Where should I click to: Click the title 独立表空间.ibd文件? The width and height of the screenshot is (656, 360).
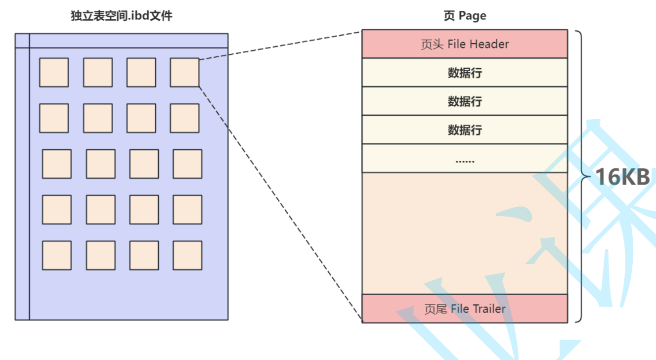pos(122,16)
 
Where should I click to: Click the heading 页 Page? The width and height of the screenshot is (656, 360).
pos(465,16)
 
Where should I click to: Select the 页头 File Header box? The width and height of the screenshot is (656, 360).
pos(465,44)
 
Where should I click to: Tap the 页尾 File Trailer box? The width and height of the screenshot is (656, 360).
pos(465,309)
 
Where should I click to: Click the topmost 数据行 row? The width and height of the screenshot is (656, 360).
pos(465,73)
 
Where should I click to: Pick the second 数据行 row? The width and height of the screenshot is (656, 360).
pos(465,101)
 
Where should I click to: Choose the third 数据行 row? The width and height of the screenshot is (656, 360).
pos(465,130)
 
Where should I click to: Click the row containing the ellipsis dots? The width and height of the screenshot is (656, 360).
pos(465,158)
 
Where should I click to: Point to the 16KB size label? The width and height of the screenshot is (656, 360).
pos(622,177)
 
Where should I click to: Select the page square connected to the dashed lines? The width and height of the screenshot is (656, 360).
pos(184,72)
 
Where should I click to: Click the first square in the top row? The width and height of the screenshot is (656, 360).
pos(54,72)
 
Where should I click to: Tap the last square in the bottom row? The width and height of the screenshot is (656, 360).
pos(187,255)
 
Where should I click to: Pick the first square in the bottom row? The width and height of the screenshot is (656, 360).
pos(56,255)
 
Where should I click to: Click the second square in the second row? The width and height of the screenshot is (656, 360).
pos(97,118)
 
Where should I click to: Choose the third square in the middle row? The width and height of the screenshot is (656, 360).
pos(144,164)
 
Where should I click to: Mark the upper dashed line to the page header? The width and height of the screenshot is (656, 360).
pos(280,45)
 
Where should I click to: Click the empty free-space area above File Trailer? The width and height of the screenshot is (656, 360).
pos(465,232)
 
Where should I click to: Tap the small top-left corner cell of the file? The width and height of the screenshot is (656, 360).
pos(22,41)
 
